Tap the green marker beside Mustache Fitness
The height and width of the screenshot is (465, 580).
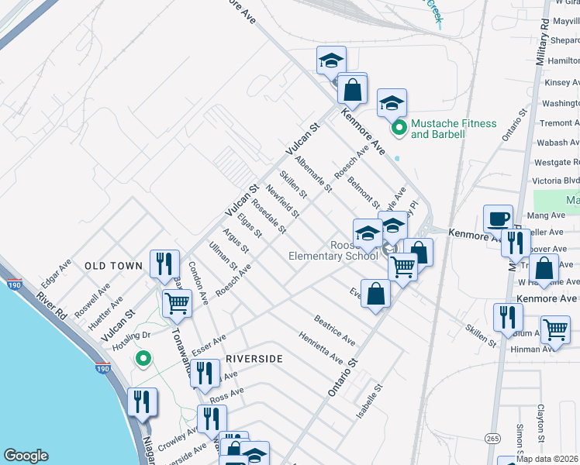point(399,128)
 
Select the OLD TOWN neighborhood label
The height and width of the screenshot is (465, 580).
point(113,266)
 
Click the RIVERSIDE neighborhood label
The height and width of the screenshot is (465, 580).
point(254,359)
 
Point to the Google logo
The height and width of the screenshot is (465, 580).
point(26,456)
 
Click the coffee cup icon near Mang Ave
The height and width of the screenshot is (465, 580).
point(497,218)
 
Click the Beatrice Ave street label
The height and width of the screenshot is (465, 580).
point(335,330)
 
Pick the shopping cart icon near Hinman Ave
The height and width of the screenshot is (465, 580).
point(555,329)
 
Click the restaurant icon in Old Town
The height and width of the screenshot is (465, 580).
point(164,263)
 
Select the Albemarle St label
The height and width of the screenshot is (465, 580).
point(313,174)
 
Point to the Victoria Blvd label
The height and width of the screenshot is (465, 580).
point(557,178)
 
